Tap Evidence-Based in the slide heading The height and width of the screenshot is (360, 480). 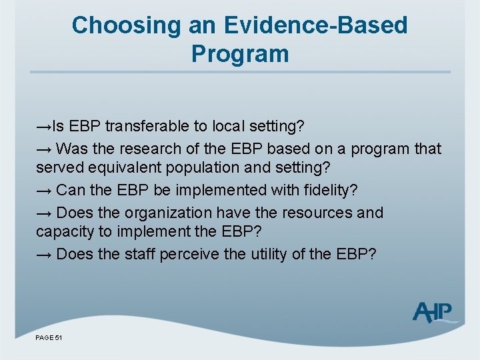[315, 25]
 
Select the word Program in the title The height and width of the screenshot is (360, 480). [240, 53]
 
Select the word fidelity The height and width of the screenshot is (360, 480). [331, 191]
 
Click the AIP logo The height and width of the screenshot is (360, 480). [433, 312]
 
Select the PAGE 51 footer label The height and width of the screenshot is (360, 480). [49, 339]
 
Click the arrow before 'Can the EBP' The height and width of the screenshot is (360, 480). [44, 191]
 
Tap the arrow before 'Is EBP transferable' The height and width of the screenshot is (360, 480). [44, 127]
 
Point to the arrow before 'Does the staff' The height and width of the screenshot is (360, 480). [44, 255]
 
